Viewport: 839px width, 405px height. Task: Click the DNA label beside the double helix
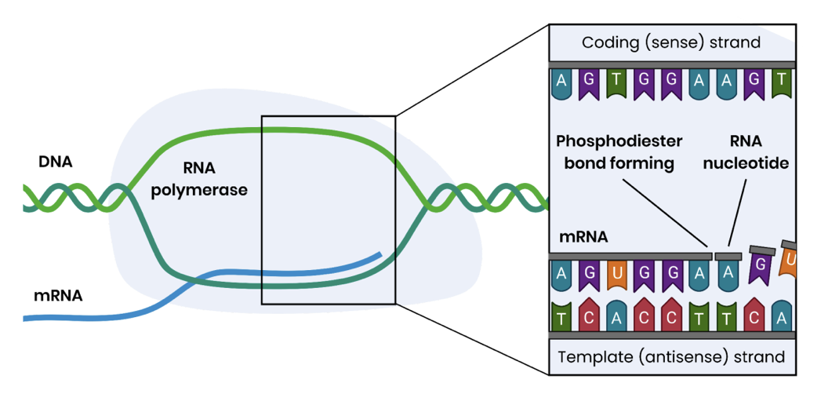point(55,162)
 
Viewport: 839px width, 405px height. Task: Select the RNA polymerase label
point(199,179)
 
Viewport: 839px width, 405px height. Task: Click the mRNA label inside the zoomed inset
point(583,235)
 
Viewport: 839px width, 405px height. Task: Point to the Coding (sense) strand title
point(671,42)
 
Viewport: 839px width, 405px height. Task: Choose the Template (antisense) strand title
point(671,357)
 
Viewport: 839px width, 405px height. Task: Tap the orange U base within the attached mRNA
point(617,274)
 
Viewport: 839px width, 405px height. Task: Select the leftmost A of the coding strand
point(561,82)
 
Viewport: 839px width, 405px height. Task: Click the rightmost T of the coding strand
point(781,82)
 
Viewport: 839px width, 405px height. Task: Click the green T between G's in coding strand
point(617,82)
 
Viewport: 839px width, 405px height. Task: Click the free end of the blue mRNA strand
point(380,254)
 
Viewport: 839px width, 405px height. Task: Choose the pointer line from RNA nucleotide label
point(738,212)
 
